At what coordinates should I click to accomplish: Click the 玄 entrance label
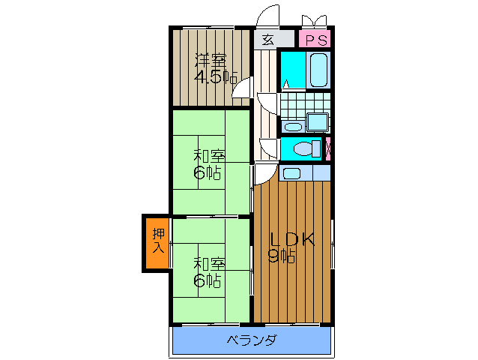267,40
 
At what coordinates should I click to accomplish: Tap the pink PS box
314,40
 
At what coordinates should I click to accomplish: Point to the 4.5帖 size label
216,77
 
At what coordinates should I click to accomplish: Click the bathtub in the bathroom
318,70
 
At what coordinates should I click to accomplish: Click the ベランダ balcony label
252,340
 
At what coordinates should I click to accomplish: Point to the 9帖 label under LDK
282,256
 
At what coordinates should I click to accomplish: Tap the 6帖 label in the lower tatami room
208,281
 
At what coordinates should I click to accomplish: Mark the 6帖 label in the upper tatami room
208,174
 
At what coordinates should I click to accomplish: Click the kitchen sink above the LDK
291,173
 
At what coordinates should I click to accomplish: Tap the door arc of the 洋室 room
241,88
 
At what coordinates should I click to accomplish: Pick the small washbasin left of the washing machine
293,125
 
